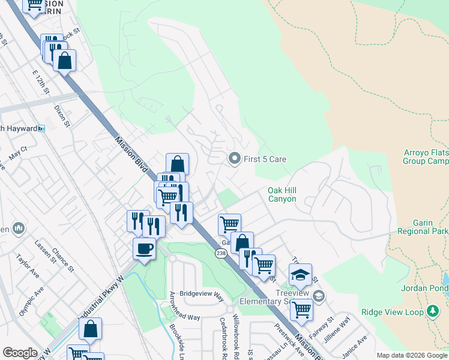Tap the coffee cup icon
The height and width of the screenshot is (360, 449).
click(144, 248)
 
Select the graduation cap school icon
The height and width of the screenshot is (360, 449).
click(300, 274)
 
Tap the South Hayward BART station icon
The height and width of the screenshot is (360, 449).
click(41, 128)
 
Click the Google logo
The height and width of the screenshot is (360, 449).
click(20, 353)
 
